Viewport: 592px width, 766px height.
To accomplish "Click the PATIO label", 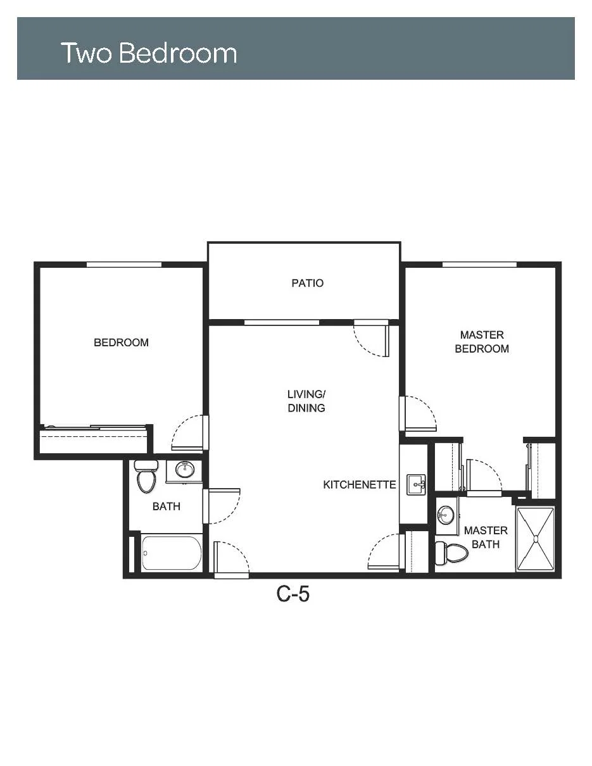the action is point(307,283).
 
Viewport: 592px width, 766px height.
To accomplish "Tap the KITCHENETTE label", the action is point(359,485).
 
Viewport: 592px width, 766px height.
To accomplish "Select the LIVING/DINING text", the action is point(306,401).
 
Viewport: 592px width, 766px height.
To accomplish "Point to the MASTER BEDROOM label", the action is point(482,342).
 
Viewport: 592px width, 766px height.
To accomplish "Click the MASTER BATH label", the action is point(486,537).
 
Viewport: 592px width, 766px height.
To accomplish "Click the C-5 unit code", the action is point(293,594).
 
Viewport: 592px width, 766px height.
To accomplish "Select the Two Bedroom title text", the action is point(149,53).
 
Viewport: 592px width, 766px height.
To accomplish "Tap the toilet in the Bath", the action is point(146,476).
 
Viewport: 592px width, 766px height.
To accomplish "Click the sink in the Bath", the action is point(184,469).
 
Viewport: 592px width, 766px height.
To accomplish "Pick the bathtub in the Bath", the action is point(172,553).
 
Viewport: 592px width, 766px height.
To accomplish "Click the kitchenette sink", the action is point(416,485).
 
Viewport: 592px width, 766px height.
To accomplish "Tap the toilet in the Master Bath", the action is point(451,553).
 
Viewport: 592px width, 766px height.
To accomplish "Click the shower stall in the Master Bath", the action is point(535,539).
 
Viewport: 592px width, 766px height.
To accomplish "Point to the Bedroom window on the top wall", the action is point(124,265).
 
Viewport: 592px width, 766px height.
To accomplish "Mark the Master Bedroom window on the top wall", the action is point(479,265).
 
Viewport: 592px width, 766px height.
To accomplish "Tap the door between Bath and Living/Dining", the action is point(222,506).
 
